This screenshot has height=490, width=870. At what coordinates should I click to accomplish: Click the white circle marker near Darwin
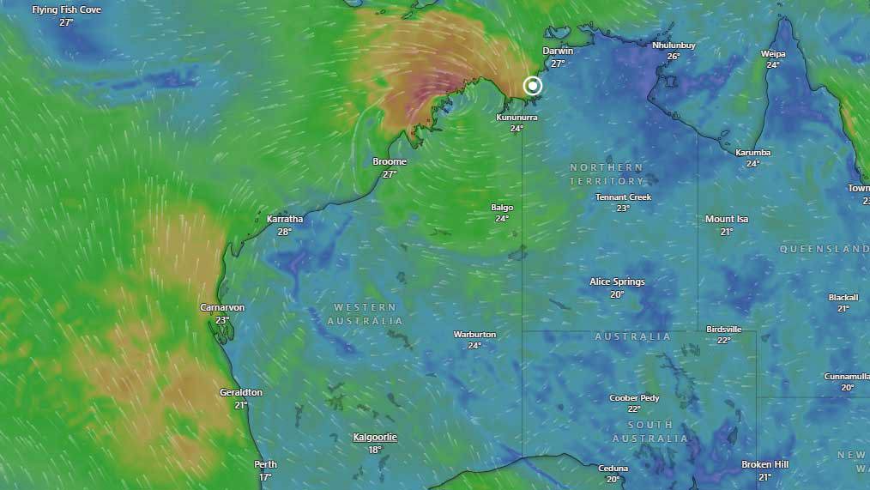click(x=533, y=86)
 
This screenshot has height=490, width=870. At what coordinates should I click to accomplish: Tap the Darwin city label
click(x=558, y=51)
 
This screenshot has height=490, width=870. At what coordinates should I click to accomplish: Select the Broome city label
click(x=390, y=161)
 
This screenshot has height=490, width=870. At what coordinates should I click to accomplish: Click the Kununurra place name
click(x=517, y=117)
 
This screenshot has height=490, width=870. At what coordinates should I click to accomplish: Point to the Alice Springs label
click(x=617, y=281)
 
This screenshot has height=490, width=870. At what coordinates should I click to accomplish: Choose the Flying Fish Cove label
click(x=66, y=10)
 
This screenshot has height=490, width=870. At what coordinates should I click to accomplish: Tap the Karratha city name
click(x=285, y=219)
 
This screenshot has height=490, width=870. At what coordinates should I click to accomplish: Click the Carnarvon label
click(x=222, y=307)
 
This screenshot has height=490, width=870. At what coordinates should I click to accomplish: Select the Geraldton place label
click(x=241, y=392)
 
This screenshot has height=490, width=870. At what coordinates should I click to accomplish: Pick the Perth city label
click(x=265, y=464)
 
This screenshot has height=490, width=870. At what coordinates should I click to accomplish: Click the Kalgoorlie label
click(x=375, y=437)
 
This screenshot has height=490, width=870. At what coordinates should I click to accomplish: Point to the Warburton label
click(x=474, y=334)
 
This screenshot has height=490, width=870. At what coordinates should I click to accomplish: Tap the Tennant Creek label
click(x=623, y=197)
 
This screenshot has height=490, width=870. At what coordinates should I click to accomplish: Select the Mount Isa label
click(x=727, y=219)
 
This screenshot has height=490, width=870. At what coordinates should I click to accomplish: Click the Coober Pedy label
click(x=634, y=397)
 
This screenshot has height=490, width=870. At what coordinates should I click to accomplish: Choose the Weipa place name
click(x=773, y=53)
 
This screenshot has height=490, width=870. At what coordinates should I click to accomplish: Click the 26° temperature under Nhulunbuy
click(x=674, y=57)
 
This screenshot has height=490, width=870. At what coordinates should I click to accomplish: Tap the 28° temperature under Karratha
click(x=285, y=232)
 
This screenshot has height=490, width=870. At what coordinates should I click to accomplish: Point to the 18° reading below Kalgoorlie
click(x=375, y=450)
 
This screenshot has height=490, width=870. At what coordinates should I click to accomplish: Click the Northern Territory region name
click(x=606, y=173)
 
